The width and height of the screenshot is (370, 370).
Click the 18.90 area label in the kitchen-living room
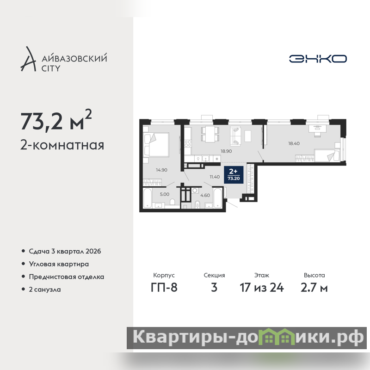point(226,151)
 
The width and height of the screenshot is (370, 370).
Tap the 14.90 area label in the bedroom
point(161,170)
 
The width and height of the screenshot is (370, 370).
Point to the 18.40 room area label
point(294,143)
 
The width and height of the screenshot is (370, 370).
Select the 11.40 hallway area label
point(215,177)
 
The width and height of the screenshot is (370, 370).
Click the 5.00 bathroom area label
point(165,194)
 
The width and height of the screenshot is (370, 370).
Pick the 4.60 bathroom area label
point(205,195)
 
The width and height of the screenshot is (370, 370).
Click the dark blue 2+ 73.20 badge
point(234,175)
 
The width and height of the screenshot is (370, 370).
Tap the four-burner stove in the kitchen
point(188,143)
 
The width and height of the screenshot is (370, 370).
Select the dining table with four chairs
point(210,134)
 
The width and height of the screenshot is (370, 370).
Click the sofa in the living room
point(235,136)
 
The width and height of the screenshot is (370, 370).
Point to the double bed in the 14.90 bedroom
point(156,145)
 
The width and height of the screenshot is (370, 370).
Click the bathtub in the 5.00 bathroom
point(148,198)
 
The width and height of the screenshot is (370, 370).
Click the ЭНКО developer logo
point(318,59)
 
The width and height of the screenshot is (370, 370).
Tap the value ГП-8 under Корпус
point(164,288)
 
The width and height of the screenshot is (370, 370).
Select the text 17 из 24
point(262,288)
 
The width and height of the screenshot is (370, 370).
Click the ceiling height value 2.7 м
point(314,288)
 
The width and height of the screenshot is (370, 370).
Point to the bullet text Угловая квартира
point(59,264)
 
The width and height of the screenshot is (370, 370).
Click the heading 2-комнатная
point(62,145)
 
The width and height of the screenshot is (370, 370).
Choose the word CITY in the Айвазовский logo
point(51,68)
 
